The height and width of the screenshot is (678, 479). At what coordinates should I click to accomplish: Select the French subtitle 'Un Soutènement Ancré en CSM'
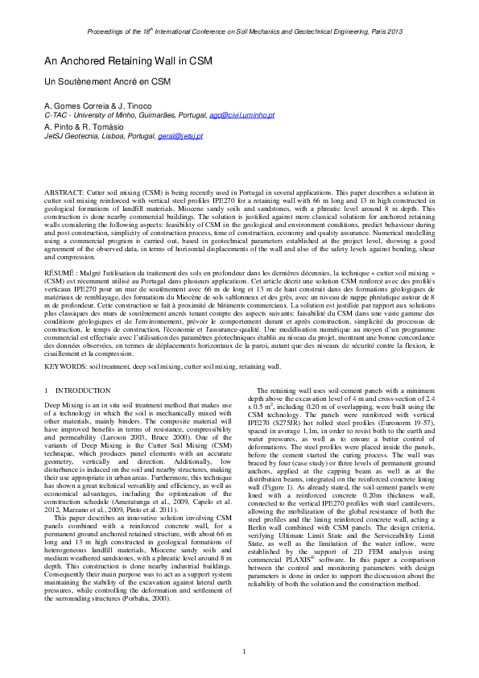106,81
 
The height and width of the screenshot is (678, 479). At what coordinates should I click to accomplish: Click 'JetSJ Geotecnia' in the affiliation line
71,137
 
